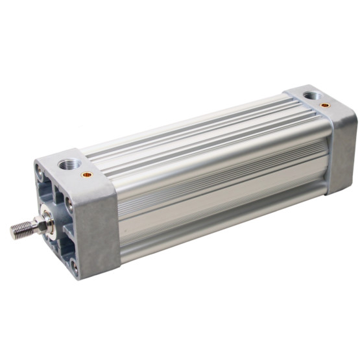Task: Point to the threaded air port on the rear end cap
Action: tap(313, 96)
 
